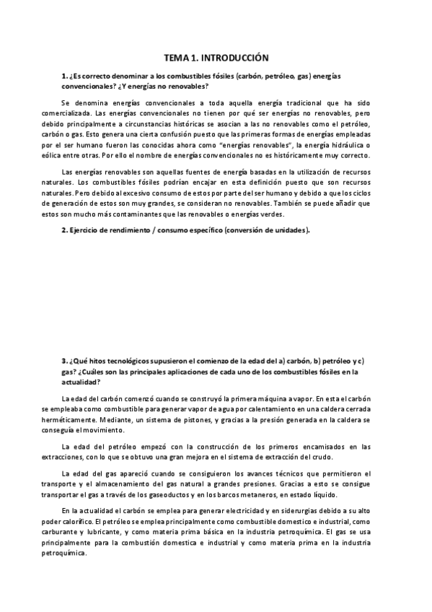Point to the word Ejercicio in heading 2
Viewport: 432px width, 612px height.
pyautogui.click(x=87, y=230)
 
